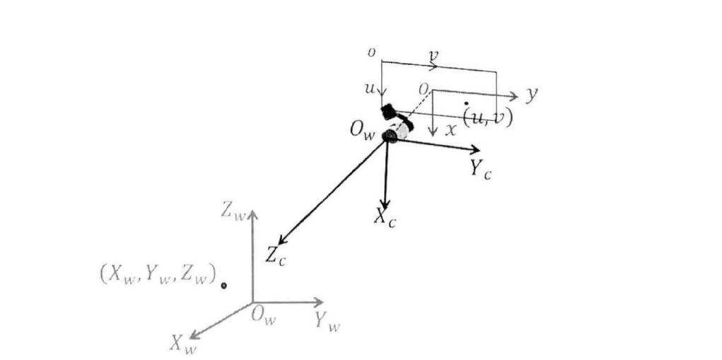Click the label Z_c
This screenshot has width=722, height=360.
(276, 255)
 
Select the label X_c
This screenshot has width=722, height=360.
(385, 218)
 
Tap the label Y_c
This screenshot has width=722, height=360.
(480, 169)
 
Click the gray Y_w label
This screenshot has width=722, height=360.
(327, 323)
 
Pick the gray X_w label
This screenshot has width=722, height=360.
(183, 344)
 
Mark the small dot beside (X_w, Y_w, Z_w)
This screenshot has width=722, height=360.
(223, 286)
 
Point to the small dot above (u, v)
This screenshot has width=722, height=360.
(466, 103)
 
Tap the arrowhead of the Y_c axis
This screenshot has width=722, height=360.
(475, 150)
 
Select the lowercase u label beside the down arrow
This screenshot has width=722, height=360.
(369, 89)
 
